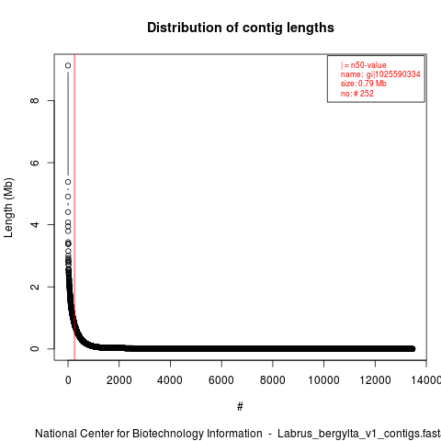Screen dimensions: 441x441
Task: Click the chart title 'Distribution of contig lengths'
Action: click(x=241, y=28)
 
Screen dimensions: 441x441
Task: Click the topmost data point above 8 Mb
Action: click(x=68, y=65)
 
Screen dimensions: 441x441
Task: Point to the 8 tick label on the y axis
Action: click(x=35, y=100)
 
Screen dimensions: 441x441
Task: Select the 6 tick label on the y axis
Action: click(x=35, y=163)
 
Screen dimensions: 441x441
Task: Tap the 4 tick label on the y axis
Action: click(x=35, y=224)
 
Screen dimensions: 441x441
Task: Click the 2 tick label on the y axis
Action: click(x=35, y=287)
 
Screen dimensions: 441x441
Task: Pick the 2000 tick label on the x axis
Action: click(x=119, y=380)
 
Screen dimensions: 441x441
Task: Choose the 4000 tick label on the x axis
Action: click(x=170, y=380)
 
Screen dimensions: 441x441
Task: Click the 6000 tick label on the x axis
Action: click(x=221, y=380)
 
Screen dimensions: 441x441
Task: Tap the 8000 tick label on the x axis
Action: click(x=272, y=380)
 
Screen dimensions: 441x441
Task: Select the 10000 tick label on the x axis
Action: click(x=323, y=380)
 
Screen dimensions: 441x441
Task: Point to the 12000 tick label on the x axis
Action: click(x=375, y=380)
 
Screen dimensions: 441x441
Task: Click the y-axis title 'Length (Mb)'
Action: click(x=8, y=208)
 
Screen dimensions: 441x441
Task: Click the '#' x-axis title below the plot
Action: click(x=240, y=407)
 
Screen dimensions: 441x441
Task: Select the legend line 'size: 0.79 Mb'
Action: click(x=364, y=84)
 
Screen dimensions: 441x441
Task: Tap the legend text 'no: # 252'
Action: click(x=357, y=94)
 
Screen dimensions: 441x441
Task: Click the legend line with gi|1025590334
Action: click(x=380, y=74)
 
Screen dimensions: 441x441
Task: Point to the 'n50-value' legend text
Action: click(x=368, y=65)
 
